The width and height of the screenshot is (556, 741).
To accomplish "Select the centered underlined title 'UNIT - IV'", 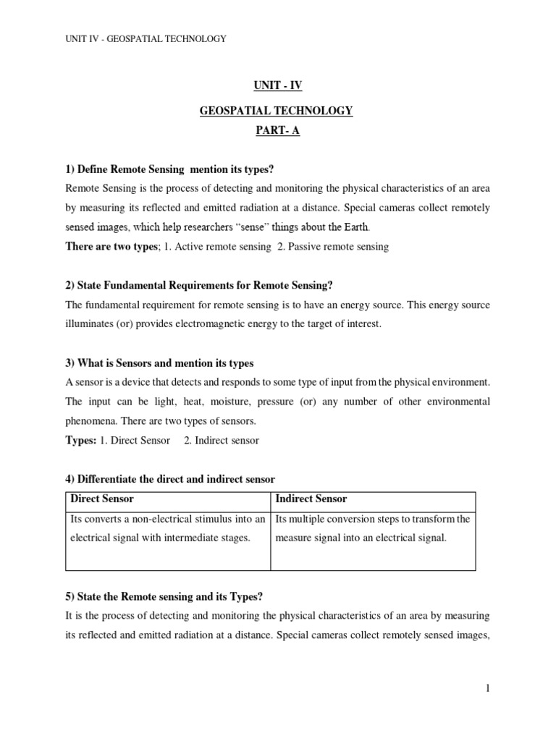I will pos(278,85).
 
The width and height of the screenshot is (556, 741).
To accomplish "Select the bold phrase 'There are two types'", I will pos(111,247).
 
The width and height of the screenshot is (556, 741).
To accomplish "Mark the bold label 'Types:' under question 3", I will pos(81,440).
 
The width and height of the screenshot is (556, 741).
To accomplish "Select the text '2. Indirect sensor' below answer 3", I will pos(222,440).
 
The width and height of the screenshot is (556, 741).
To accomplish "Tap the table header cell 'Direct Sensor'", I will pos(102,499).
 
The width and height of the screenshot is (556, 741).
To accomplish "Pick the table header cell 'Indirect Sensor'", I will pos(311,499).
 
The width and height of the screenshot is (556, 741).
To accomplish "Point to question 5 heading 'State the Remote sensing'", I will pos(164,596).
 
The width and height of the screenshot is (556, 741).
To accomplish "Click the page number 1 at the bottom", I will pos(488,688).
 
